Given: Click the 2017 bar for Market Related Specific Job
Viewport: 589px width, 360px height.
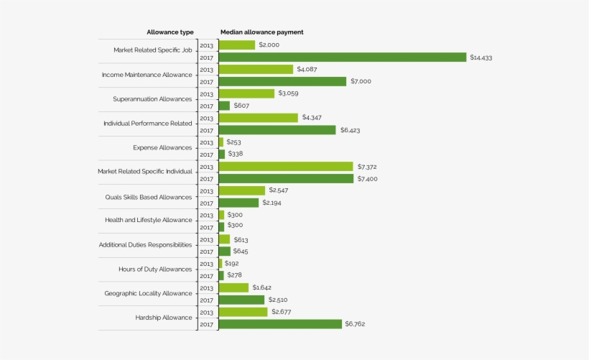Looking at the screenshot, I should [x=343, y=57].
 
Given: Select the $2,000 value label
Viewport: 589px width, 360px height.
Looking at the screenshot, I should [x=269, y=45].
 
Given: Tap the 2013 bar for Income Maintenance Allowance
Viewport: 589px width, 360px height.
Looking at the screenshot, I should [x=256, y=70].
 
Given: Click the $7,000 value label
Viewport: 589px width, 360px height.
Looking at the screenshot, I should [x=361, y=81].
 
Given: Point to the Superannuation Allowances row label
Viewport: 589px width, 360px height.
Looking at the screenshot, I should [x=152, y=99].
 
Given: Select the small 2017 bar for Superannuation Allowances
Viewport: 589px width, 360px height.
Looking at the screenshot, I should [x=224, y=106].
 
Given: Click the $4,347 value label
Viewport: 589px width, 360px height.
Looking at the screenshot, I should [x=312, y=117].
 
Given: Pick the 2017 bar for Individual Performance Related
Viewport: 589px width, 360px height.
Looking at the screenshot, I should [x=277, y=130].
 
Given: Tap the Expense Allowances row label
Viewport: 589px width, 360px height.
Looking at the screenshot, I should [x=162, y=148].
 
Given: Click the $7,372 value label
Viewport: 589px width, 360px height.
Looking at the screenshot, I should [x=367, y=167].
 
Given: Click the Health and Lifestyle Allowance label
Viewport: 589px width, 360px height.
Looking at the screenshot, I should [x=149, y=221].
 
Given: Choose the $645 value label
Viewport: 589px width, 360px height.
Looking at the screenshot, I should [x=241, y=251].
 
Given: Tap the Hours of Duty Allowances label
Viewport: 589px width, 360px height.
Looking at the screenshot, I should [x=155, y=269].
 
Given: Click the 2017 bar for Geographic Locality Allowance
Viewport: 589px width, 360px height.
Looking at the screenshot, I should [x=241, y=300].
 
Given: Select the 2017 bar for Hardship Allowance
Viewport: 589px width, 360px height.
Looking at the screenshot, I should [x=280, y=324].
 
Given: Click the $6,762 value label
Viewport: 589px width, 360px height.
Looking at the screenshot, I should [x=356, y=324].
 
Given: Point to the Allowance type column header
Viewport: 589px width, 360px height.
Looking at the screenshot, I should [x=170, y=32].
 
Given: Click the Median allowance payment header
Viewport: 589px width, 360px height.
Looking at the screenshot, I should [x=261, y=32].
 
